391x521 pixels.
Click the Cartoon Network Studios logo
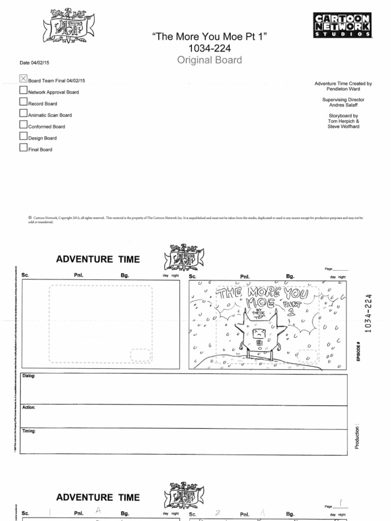[x=342, y=25]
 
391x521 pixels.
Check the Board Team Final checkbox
[x=23, y=79]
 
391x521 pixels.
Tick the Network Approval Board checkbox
[x=23, y=90]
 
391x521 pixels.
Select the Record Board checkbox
[x=23, y=101]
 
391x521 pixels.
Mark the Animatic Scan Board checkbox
[x=23, y=113]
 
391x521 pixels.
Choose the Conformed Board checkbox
[x=23, y=124]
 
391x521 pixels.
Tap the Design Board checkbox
[x=23, y=136]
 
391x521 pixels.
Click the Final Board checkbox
[x=23, y=148]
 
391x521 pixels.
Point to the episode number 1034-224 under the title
[x=209, y=48]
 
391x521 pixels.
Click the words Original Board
[x=209, y=61]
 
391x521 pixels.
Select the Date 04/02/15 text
[x=35, y=63]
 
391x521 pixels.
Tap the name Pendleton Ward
[x=343, y=89]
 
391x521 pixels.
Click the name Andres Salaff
[x=343, y=105]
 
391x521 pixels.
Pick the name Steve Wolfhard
[x=343, y=127]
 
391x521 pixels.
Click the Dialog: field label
[x=29, y=377]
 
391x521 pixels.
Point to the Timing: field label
[x=29, y=431]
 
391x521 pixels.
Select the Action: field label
[x=29, y=408]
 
